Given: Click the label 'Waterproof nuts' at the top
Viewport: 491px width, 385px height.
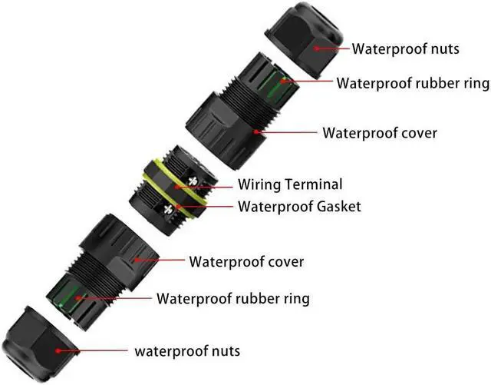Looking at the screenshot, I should pos(405,48).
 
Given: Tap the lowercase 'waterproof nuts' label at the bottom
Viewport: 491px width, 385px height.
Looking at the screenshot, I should pos(187,351).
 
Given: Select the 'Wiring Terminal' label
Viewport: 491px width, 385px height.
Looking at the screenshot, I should pos(290,184).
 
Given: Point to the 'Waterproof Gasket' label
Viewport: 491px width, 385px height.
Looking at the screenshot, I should pos(299,206).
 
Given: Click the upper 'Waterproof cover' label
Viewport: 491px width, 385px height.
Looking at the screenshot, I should pos(380,132).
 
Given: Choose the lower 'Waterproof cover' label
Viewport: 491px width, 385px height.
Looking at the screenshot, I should pos(246,261).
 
